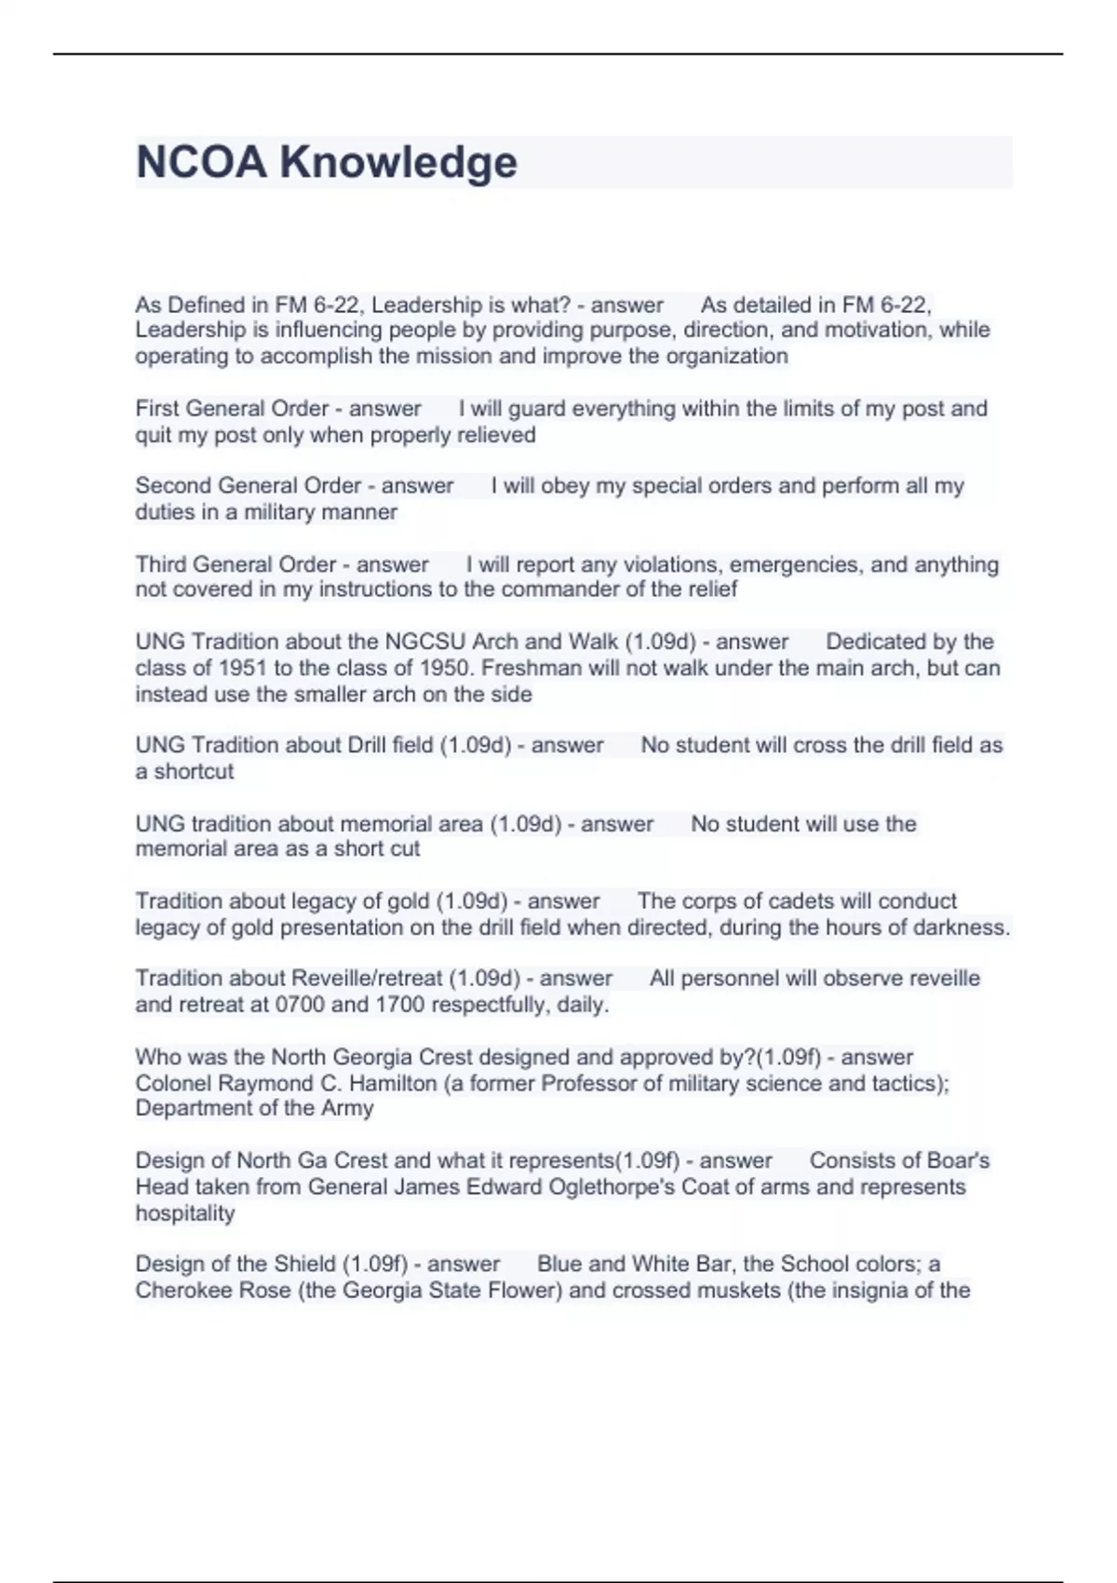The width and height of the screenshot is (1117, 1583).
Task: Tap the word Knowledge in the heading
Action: tap(398, 162)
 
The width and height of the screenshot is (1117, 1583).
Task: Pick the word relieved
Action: tap(496, 435)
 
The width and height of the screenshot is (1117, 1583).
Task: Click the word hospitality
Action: tap(184, 1213)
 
